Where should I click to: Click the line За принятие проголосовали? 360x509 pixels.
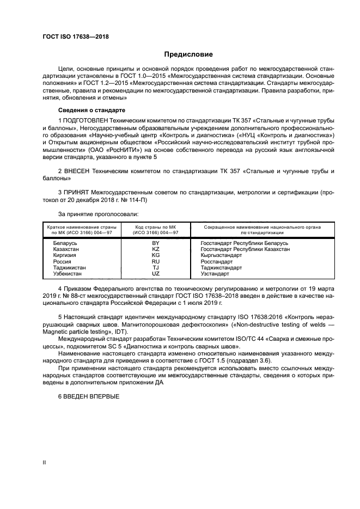tap(94, 214)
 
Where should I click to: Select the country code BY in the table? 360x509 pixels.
tap(155, 242)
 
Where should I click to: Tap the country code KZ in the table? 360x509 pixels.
tap(155, 249)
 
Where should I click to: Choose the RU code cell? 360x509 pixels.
tap(155, 261)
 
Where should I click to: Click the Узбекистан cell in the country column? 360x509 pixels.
tap(68, 274)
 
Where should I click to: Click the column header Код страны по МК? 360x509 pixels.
tap(155, 227)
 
